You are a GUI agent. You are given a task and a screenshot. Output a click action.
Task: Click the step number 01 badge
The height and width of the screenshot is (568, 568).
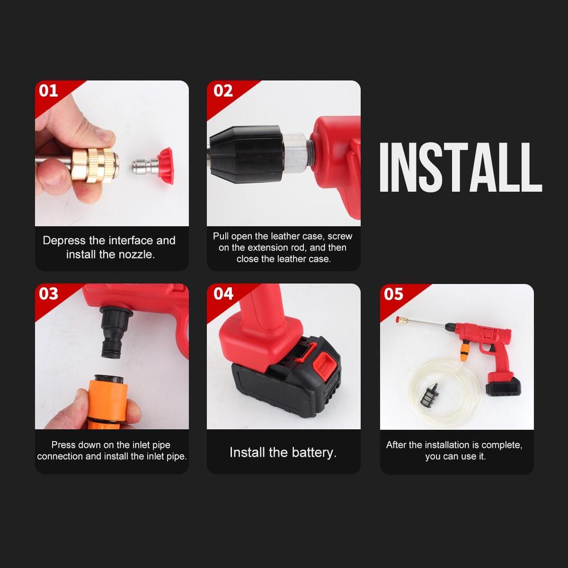coord(49,91)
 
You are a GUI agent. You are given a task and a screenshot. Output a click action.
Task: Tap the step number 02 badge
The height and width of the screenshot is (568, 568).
coord(223,91)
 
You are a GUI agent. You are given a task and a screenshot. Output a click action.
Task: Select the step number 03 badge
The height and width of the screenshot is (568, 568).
coord(49,294)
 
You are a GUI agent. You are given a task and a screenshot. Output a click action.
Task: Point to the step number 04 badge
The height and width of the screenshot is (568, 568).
coord(223,294)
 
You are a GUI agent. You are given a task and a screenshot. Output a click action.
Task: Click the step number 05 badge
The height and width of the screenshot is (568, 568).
coord(393,294)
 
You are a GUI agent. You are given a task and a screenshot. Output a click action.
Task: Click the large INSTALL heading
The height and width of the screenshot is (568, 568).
coord(460,168)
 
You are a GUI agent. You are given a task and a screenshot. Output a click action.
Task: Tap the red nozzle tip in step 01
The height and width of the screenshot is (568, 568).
coord(166,165)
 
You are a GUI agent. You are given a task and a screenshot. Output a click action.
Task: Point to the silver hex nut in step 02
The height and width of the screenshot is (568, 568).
coord(296,151)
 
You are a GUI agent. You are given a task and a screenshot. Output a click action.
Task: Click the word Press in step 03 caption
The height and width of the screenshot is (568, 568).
coord(63,445)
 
